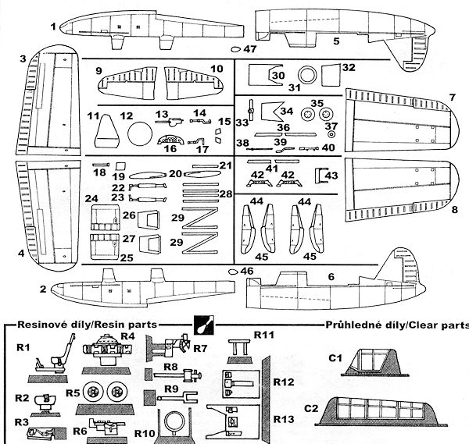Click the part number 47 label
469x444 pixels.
(249, 49)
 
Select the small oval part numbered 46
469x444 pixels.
(232, 271)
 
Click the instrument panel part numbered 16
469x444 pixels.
(170, 141)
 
